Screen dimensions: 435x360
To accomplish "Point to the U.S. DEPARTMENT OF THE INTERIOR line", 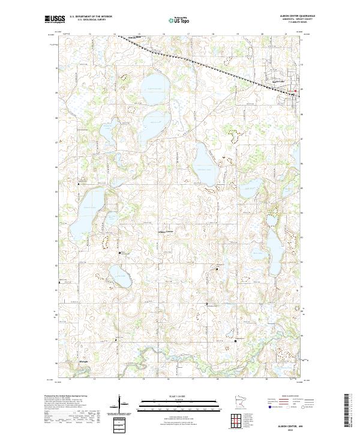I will pos(90,17).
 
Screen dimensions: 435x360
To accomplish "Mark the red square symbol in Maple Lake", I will pos(295,92).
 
